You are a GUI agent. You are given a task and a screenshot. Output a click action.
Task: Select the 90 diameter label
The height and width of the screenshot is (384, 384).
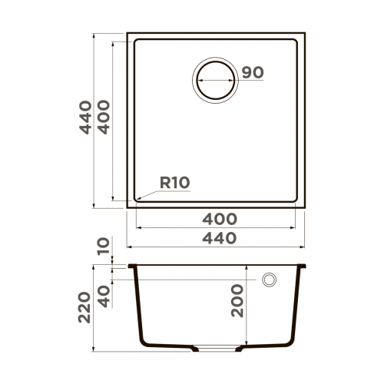point(253,73)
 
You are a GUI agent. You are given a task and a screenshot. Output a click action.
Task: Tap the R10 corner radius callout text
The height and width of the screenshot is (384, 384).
point(175,183)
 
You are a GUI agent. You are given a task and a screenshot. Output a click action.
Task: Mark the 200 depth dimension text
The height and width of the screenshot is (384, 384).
point(237,300)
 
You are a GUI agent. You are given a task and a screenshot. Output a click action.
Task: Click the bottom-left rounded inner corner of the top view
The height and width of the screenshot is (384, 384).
point(139,198)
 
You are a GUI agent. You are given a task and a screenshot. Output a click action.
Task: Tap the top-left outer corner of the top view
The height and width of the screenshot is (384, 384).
point(127,34)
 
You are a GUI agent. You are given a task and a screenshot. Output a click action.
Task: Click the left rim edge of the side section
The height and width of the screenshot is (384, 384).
point(131,266)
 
